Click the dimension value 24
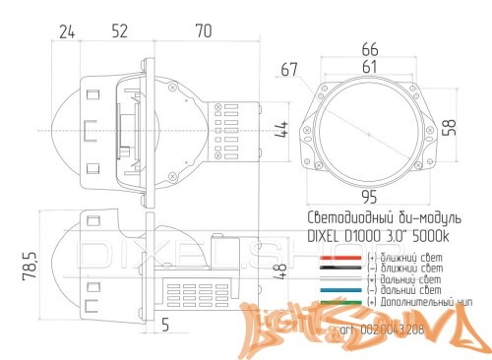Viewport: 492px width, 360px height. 67,31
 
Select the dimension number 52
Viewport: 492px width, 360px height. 119,31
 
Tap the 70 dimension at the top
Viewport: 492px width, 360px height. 204,31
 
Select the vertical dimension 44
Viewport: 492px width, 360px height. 280,129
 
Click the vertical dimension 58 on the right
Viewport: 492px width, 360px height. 450,128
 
